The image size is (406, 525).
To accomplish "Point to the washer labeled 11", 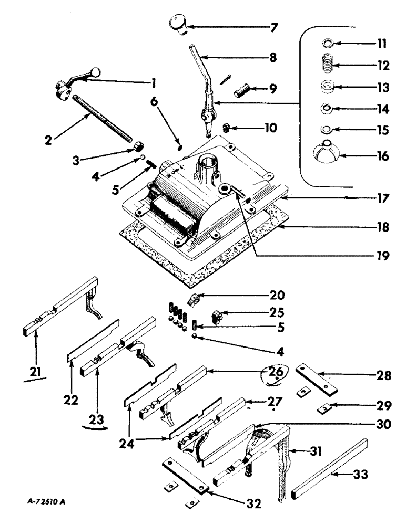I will (326, 43).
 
